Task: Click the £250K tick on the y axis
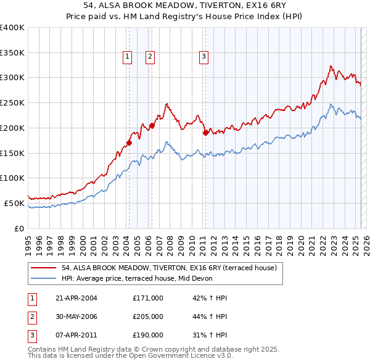coord(12,102)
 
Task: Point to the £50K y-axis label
coord(14,203)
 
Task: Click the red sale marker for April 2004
coord(129,143)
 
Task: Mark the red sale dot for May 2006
coord(152,125)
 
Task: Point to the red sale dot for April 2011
coord(205,132)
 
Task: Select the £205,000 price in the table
coord(148,316)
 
